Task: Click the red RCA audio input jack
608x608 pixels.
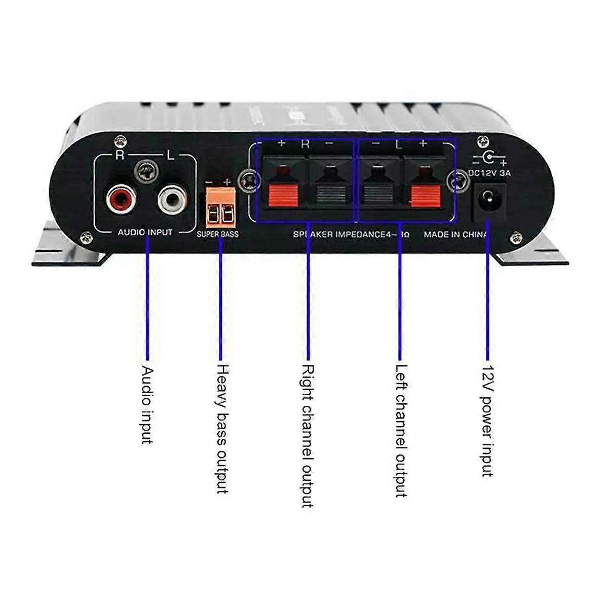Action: [x=121, y=198]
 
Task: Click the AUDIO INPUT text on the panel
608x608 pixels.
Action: [x=145, y=233]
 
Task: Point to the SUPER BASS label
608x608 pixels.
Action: [x=218, y=235]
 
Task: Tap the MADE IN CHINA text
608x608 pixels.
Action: [x=455, y=235]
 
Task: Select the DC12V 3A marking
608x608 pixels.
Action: [x=488, y=172]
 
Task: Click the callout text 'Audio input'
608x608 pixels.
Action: [x=146, y=405]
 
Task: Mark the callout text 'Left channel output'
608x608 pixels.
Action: [x=401, y=431]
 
